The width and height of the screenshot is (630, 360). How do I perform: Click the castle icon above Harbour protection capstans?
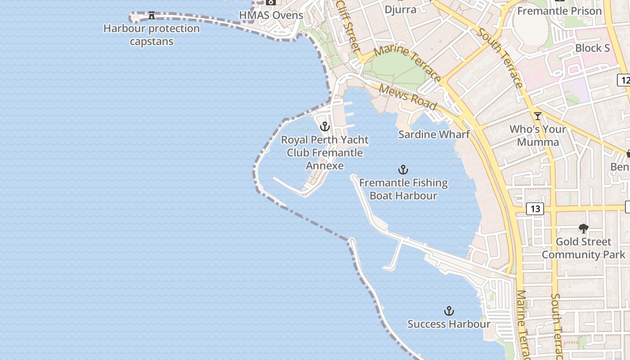152,16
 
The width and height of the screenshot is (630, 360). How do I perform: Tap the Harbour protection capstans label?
152,35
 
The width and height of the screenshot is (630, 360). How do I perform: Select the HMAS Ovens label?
271,15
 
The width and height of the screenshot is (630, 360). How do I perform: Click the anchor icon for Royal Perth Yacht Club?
325,126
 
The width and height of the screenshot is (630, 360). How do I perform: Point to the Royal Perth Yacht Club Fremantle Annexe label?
325,153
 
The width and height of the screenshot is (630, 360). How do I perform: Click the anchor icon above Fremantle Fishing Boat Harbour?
403,170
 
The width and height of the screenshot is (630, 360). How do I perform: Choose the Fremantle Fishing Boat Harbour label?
403,189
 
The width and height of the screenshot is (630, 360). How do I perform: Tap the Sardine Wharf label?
434,134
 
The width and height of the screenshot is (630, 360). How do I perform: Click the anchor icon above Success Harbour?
449,311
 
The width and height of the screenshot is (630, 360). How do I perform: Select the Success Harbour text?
449,324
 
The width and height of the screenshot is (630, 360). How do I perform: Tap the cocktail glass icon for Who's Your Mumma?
537,116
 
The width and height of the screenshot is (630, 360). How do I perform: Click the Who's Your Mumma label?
538,136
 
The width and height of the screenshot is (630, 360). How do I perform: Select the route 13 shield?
535,209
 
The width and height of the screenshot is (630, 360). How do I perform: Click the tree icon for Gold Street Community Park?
584,229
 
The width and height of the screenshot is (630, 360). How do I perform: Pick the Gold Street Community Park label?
583,248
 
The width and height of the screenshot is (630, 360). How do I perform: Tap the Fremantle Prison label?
559,11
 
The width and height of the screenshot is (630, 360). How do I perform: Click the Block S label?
592,48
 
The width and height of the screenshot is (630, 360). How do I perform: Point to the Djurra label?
400,9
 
